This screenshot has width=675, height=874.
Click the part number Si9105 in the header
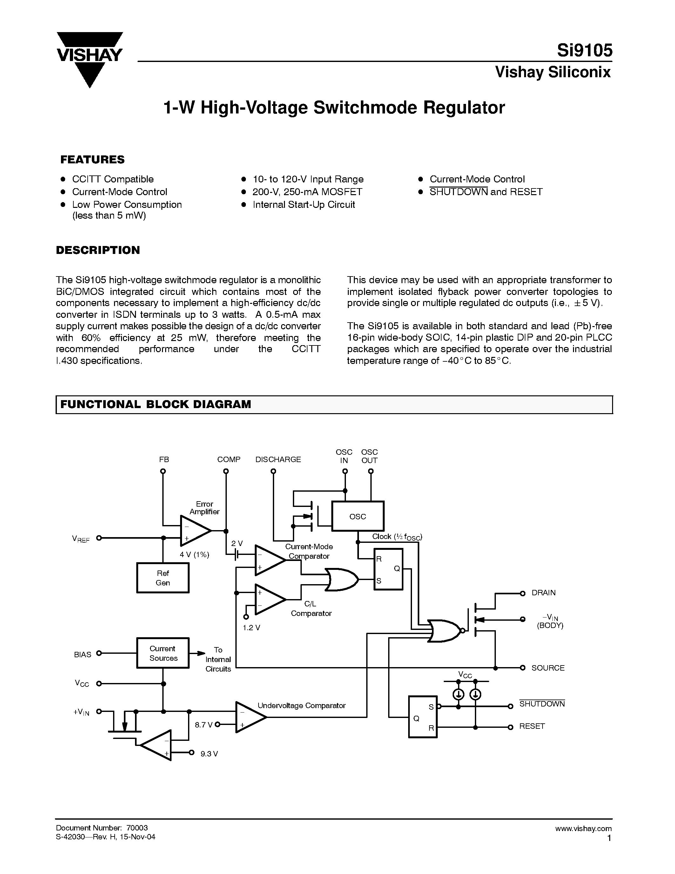[584, 51]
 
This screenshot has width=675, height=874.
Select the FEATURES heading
[92, 160]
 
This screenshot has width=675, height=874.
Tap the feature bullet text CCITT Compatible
[113, 179]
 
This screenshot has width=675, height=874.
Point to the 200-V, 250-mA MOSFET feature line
[307, 192]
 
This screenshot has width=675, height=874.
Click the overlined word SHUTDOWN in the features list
[458, 192]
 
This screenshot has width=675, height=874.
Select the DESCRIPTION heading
[98, 250]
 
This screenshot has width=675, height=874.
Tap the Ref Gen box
[163, 578]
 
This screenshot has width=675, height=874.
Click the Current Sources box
[163, 653]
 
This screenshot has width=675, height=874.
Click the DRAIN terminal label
[543, 593]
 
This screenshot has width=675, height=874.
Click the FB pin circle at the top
[163, 471]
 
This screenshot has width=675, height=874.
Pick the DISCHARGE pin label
[278, 460]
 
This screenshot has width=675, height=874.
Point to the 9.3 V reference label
[209, 754]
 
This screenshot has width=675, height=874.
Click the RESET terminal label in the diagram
[532, 726]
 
